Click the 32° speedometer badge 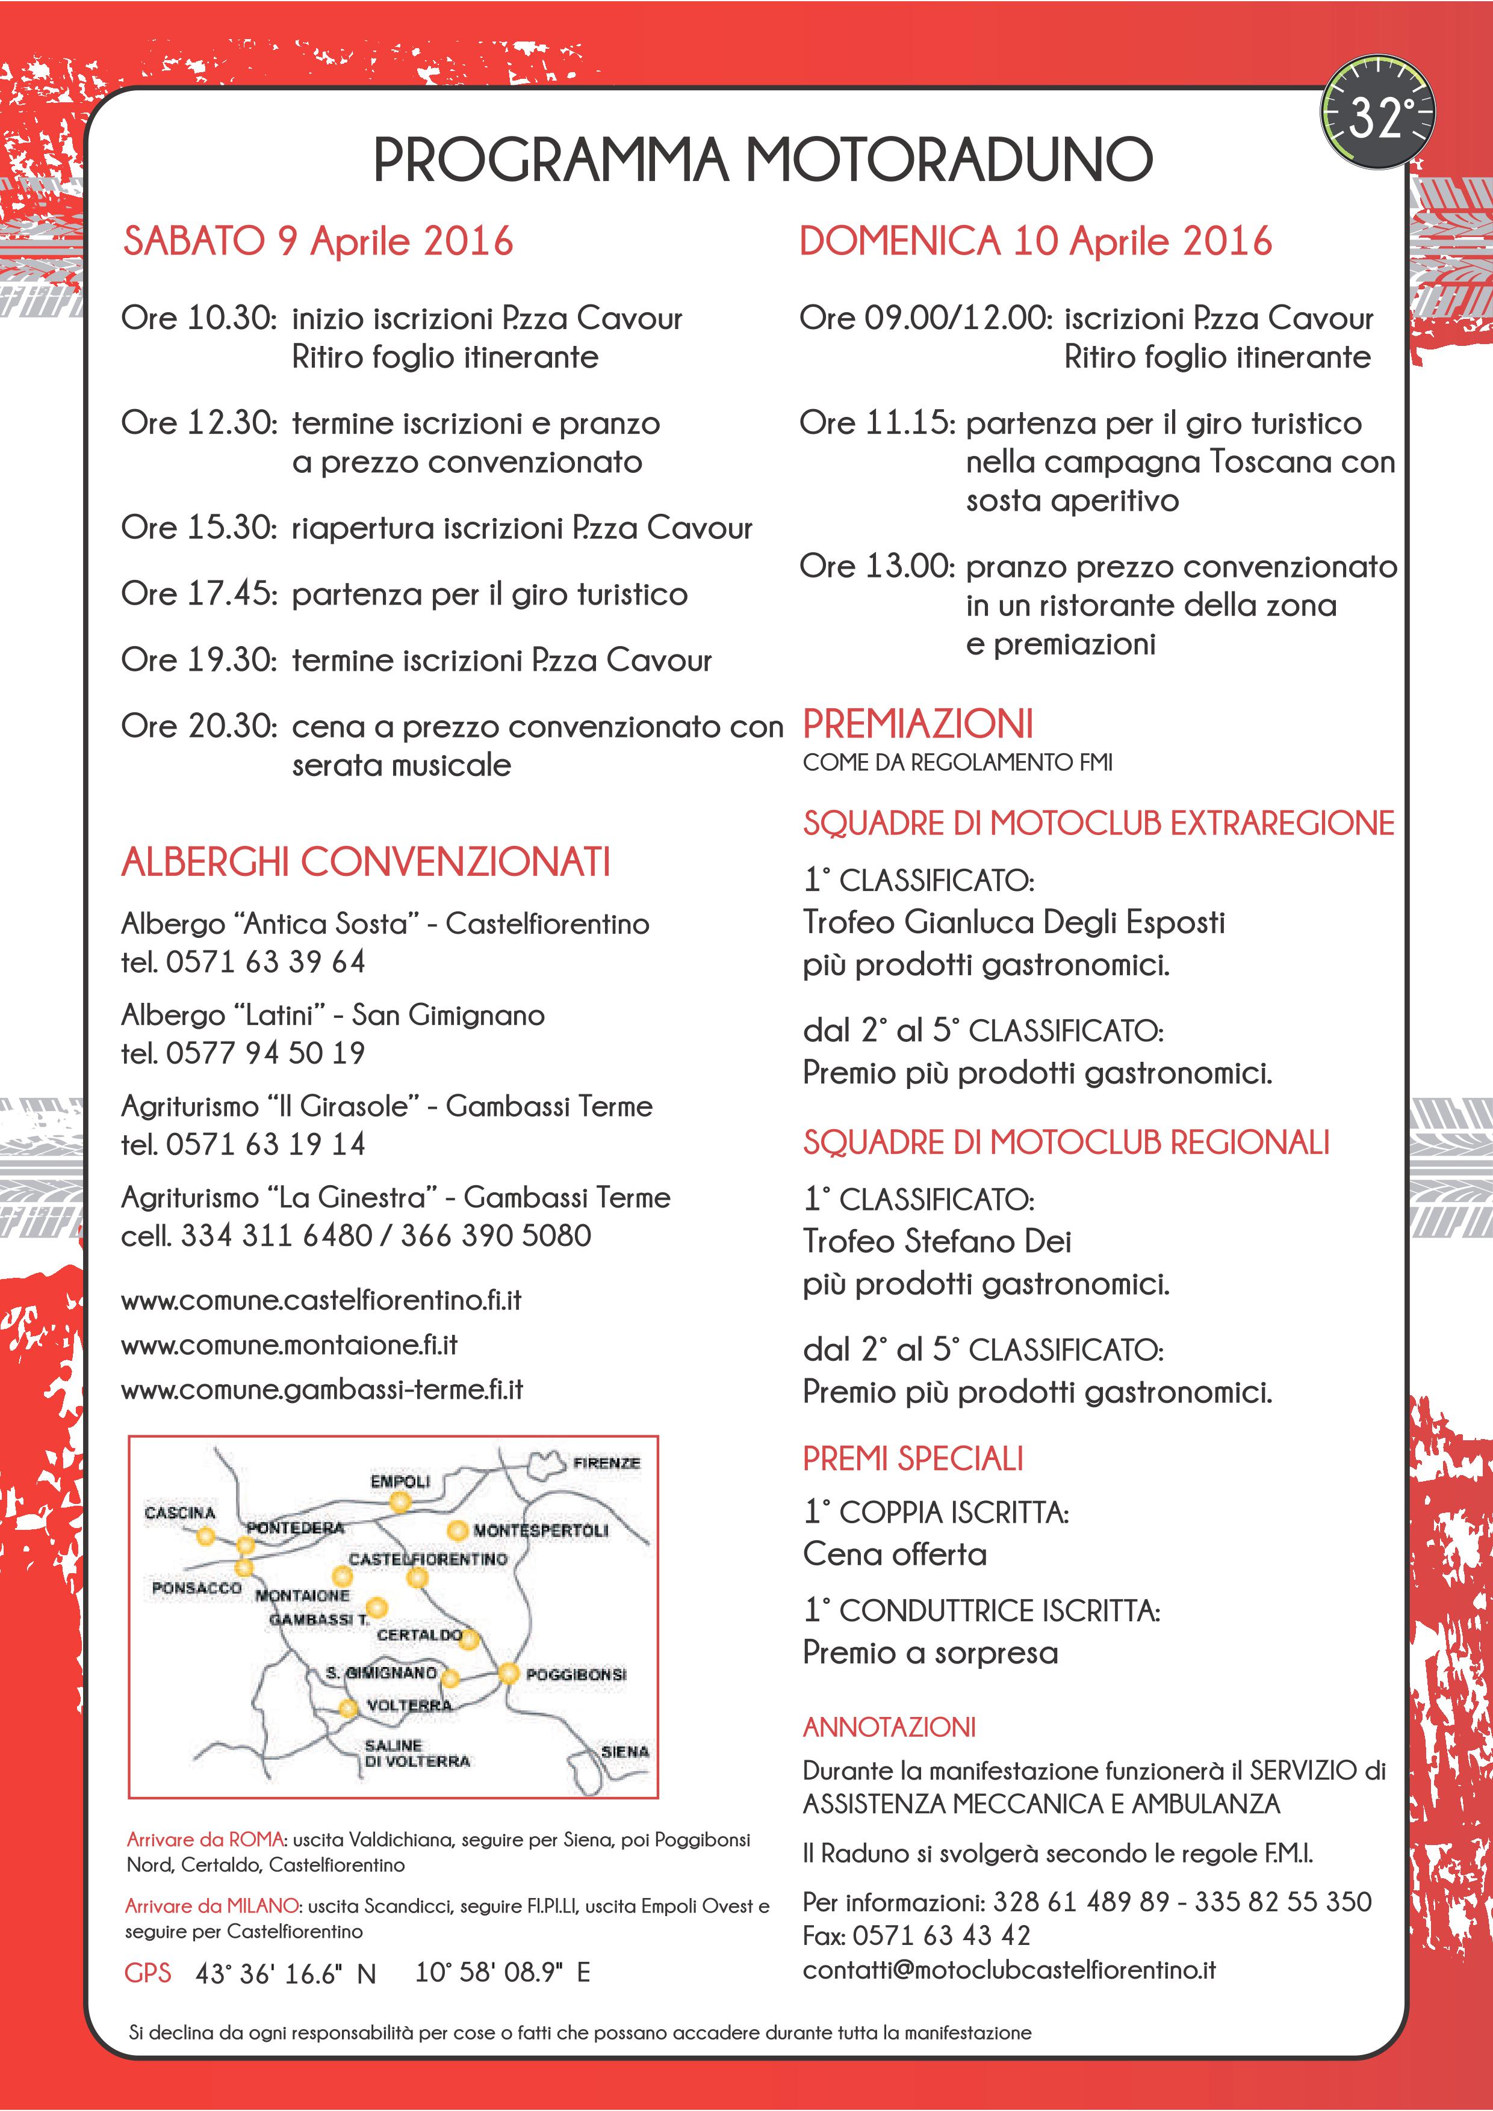[1378, 113]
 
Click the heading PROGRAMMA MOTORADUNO [763, 159]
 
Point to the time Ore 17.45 [199, 594]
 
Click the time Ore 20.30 [199, 726]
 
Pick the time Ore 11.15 [878, 423]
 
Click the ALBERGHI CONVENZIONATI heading [366, 863]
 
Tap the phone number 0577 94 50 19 [266, 1053]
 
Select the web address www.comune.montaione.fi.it [289, 1345]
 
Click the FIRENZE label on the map [606, 1463]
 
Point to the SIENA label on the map [625, 1751]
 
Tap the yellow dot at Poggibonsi [509, 1674]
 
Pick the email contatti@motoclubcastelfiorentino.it [1009, 1970]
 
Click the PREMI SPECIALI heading [913, 1459]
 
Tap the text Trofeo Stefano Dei [937, 1241]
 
